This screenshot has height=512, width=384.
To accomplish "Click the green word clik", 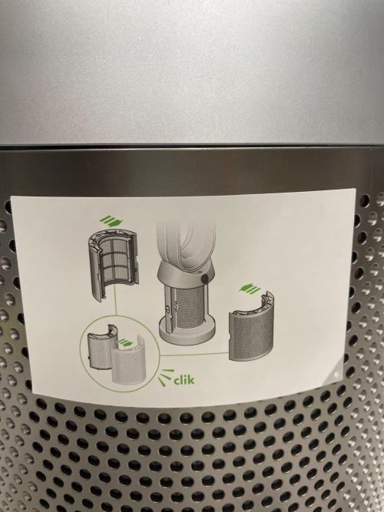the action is point(184,379).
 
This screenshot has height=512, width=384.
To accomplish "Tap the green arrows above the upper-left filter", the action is point(111,220).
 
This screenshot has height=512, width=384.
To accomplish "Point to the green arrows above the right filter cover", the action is point(250,288).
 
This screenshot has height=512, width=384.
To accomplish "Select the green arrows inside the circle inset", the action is point(125,343).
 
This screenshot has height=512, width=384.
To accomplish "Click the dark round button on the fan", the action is point(205,279).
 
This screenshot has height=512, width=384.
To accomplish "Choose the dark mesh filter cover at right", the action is point(251,326).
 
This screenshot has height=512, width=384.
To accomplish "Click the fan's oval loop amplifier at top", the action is point(186,244).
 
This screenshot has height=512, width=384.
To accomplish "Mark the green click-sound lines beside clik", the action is point(166,377).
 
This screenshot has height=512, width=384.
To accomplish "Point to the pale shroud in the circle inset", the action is point(127,360).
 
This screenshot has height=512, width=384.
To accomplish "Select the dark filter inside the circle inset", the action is point(101,347).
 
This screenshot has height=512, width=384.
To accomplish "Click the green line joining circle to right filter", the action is point(194,354).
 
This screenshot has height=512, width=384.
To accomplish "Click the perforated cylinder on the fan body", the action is point(187,305).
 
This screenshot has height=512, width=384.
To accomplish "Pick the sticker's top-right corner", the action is point(355,188).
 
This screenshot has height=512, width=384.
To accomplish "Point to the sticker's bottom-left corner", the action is point(33,391).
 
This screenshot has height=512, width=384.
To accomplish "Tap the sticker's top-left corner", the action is point(11,197).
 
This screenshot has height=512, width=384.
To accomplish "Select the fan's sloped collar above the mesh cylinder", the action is point(186,273).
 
